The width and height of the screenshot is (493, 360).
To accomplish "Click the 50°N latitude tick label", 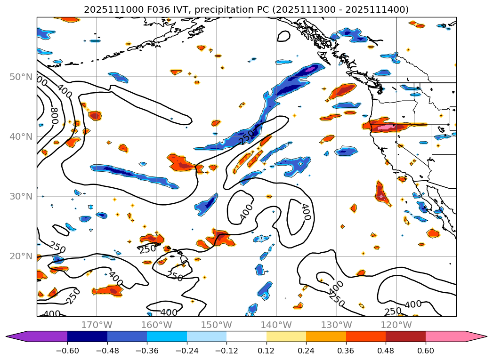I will [x=21, y=77].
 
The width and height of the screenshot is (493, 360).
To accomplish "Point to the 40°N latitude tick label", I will [x=21, y=136].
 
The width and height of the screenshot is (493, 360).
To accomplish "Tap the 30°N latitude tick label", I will [x=21, y=196].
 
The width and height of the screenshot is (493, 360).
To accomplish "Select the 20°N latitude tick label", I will [x=21, y=256].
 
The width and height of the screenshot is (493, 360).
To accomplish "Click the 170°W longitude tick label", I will [x=97, y=325].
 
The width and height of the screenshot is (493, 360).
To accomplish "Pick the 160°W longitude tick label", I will [x=156, y=325].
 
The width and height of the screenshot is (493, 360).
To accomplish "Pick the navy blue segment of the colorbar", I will [x=87, y=336].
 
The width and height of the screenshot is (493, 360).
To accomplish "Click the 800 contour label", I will [x=54, y=114].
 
